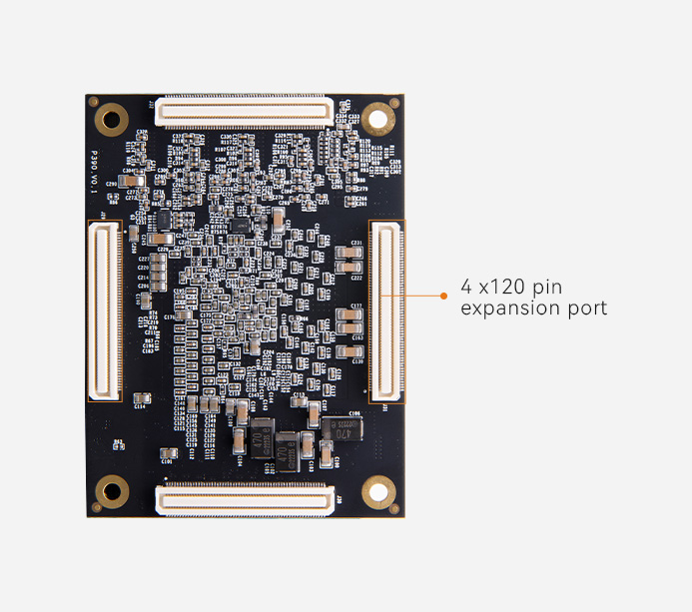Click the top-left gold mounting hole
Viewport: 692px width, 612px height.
tap(112, 120)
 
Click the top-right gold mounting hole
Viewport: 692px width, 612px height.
tap(377, 119)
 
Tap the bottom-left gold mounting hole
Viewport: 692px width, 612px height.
tap(111, 490)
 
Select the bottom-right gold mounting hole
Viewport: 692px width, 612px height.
tap(376, 490)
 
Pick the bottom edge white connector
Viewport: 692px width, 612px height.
tap(244, 499)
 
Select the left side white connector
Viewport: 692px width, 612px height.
tap(104, 310)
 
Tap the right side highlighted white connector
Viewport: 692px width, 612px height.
tap(386, 310)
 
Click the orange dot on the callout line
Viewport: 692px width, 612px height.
tap(443, 296)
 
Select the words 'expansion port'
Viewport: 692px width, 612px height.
tap(533, 308)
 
